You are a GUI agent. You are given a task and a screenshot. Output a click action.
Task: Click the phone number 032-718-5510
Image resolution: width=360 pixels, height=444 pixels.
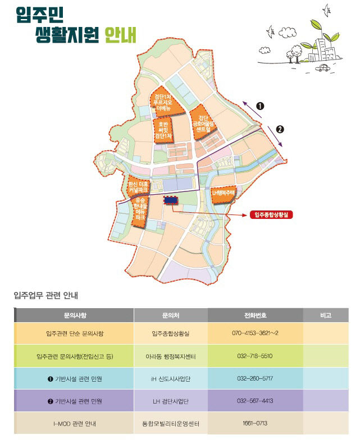point(255,356)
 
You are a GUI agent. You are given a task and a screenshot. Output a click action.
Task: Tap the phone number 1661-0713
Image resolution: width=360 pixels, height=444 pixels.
point(255,423)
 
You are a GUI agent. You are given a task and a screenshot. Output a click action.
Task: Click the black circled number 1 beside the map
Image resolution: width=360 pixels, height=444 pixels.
point(261,106)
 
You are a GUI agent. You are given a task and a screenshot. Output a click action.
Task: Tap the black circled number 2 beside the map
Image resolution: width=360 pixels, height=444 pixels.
point(280,129)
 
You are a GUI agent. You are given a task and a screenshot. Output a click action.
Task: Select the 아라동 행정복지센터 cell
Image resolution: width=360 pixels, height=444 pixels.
point(170,356)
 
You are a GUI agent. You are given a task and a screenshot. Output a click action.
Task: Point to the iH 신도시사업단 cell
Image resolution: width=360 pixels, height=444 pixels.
point(170,378)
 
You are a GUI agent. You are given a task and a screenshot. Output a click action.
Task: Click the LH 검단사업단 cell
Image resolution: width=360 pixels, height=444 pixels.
point(170,401)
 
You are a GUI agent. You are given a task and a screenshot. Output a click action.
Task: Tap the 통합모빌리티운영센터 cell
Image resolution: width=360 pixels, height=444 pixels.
point(170,423)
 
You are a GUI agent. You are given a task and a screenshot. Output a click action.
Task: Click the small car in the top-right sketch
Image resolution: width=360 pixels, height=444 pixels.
point(323,68)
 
